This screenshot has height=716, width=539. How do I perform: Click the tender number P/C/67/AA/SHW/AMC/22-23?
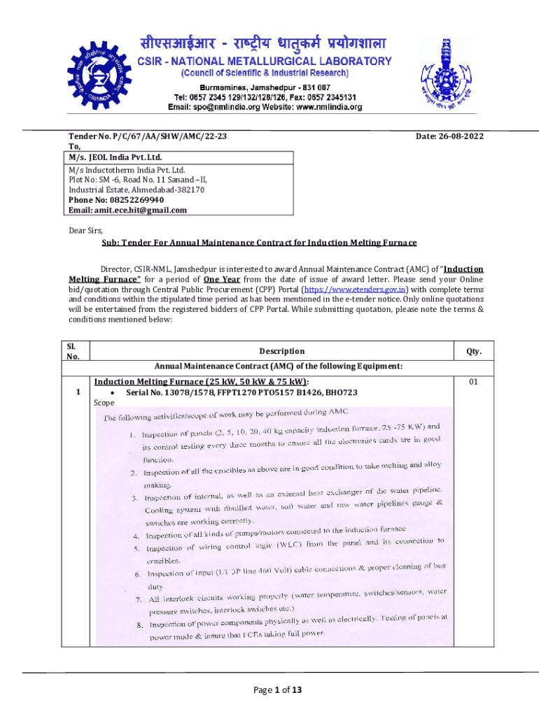(x=147, y=137)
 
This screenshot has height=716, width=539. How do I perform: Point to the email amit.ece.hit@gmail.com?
(x=127, y=210)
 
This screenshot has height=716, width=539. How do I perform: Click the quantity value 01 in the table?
(x=474, y=382)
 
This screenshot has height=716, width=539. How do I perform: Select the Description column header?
(x=281, y=351)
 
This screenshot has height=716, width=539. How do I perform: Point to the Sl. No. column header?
(x=73, y=352)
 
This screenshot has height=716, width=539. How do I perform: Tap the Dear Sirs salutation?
(x=85, y=230)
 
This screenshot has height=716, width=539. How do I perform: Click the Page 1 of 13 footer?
(x=277, y=690)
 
